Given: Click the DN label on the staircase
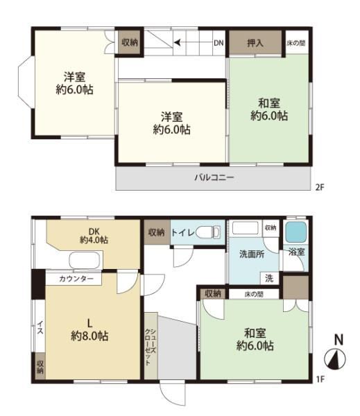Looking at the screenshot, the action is [218, 43].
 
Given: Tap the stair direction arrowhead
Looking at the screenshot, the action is [177, 42].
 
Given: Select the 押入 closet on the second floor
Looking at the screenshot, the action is [255, 43].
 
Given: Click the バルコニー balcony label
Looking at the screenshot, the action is [214, 177].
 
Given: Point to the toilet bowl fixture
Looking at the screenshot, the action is [208, 232].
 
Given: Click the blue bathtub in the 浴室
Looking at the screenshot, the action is [295, 232].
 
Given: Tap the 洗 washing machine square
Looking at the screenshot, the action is [269, 278].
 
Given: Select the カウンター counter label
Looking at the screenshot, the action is [76, 279].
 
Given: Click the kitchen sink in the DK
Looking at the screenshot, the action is [85, 260].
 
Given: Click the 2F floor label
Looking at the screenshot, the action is [320, 188].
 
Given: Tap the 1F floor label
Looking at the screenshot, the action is [320, 379].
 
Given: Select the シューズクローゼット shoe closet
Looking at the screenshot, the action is [151, 346].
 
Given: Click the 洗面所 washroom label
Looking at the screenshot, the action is [252, 254].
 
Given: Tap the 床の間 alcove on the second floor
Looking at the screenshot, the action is [297, 43].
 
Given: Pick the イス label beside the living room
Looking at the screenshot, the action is [40, 327].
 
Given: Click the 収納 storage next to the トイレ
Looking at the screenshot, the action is [157, 232].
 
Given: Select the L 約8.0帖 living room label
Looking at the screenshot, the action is [89, 330].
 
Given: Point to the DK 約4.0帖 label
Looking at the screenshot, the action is [94, 236].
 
